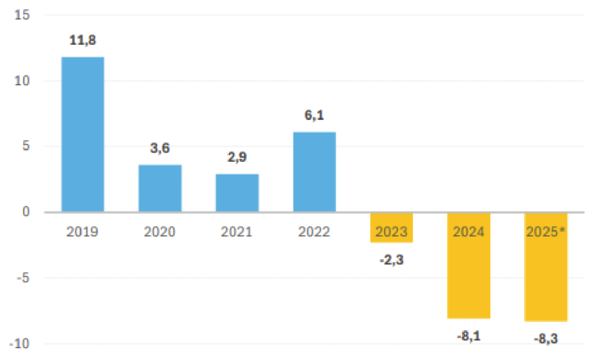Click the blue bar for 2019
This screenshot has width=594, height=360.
click(x=83, y=134)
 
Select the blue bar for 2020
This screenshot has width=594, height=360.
click(x=160, y=188)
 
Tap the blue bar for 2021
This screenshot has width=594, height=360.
click(x=237, y=192)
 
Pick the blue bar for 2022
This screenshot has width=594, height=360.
click(x=314, y=172)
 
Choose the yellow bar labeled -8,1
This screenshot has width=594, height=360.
click(x=469, y=266)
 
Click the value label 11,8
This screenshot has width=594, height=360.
click(x=82, y=40)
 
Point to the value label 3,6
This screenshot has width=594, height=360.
click(x=160, y=148)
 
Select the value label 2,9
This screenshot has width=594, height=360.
click(x=237, y=157)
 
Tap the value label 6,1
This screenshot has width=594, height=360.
click(x=314, y=115)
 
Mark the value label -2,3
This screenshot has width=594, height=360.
click(x=392, y=260)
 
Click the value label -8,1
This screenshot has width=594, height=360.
click(x=469, y=336)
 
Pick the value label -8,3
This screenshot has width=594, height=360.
click(x=546, y=339)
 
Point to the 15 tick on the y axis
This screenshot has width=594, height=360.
click(x=22, y=15)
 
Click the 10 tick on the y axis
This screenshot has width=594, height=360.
click(x=22, y=81)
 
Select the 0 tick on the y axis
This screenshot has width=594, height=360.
click(x=26, y=212)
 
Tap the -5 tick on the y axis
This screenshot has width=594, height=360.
click(x=23, y=278)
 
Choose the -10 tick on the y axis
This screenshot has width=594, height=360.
click(x=20, y=344)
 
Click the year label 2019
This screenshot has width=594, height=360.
click(x=82, y=232)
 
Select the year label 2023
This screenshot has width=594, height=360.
click(x=392, y=232)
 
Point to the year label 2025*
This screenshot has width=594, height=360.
click(x=546, y=232)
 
